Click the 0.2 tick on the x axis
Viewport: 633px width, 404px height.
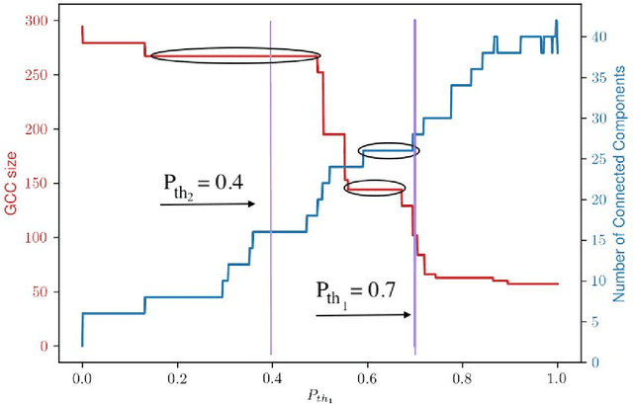point(177,377)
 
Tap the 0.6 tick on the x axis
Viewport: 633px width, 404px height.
point(367,377)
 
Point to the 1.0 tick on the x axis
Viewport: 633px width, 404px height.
point(557,377)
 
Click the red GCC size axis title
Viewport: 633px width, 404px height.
point(12,184)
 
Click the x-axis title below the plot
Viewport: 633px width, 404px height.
point(319,395)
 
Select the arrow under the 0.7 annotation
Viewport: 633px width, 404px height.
point(362,314)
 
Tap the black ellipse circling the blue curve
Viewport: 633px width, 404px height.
point(389,151)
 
